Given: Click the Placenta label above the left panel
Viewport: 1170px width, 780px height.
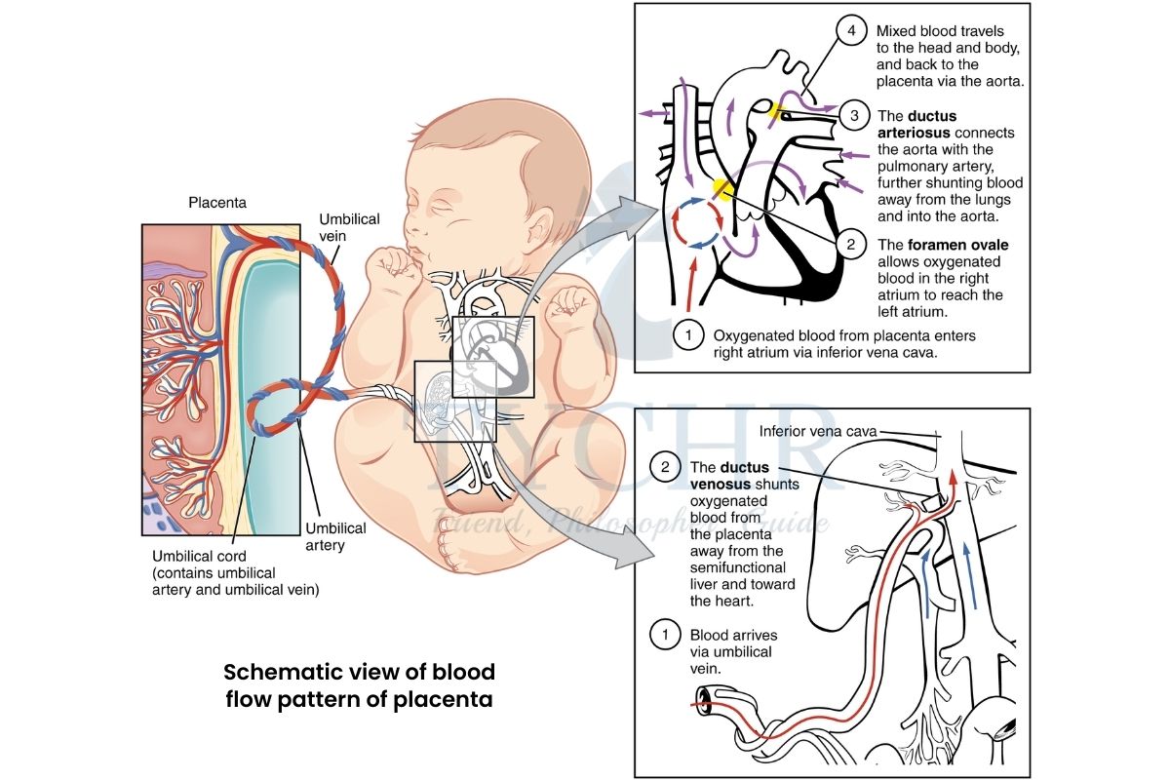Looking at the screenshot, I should point(217,204).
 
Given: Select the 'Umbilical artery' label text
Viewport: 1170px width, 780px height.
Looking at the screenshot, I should point(335,536).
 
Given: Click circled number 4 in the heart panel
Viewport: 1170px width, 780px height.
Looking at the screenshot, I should point(851,31).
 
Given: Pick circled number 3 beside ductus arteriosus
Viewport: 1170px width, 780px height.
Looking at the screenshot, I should point(854,116).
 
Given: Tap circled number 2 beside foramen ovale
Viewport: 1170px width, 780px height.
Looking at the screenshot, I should point(851,245).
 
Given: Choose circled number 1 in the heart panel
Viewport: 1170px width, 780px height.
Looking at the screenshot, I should point(688,335).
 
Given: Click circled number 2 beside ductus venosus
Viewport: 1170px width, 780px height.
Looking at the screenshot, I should point(665,468).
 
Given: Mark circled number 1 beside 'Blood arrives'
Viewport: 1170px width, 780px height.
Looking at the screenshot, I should point(665,635).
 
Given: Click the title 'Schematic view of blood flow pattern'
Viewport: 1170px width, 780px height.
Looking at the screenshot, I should point(360,684).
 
